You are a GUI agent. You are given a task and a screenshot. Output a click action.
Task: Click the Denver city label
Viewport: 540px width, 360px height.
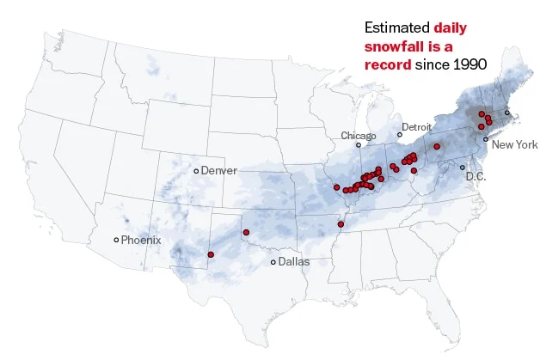(218, 171)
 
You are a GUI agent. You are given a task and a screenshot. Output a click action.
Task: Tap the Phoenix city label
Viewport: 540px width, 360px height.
(140, 240)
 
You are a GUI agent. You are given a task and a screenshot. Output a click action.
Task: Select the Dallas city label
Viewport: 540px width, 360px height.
(293, 262)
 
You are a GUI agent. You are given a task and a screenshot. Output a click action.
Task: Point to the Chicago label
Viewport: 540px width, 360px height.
(359, 136)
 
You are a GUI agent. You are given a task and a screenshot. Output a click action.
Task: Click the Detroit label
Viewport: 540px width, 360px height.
(416, 127)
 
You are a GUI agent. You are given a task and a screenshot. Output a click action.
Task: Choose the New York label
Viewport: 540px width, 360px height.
(514, 145)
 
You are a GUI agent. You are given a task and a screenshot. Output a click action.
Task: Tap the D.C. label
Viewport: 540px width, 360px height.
(476, 176)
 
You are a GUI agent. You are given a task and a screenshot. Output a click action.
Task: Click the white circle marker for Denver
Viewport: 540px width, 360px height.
(196, 171)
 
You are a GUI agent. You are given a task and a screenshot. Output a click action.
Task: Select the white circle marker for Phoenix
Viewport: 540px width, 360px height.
(117, 240)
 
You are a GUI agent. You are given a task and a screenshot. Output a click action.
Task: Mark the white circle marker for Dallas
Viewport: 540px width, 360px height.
(273, 262)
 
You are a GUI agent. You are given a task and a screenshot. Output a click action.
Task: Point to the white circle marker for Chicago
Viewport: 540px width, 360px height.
(359, 145)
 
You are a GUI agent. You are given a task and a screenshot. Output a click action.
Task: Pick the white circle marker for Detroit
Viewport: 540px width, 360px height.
(399, 134)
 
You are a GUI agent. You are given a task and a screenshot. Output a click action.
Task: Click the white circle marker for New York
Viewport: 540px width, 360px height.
(486, 139)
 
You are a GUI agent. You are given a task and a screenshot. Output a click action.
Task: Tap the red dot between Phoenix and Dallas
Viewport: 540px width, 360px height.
(211, 254)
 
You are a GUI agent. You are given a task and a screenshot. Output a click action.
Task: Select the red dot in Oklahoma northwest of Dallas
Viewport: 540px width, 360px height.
(247, 230)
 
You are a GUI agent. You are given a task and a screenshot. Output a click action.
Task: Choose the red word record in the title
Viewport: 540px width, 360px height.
(388, 64)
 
